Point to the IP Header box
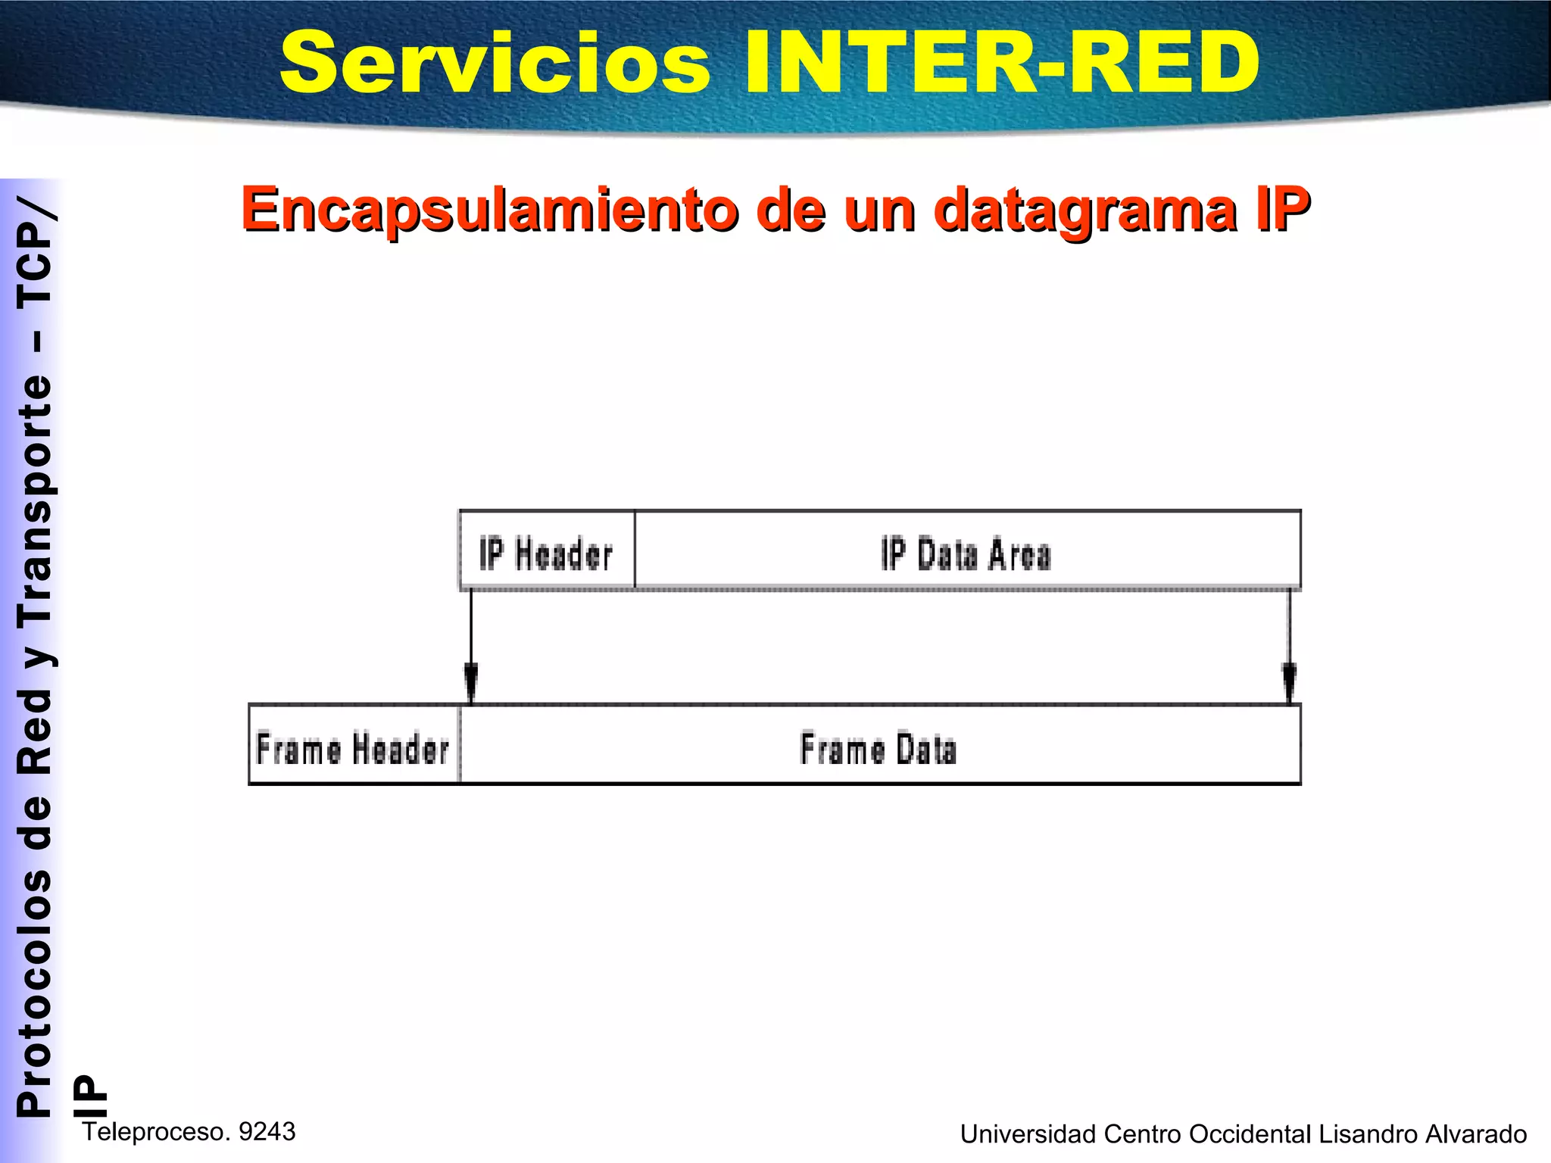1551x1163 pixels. (547, 551)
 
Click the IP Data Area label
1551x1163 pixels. (966, 553)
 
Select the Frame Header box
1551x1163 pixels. (354, 747)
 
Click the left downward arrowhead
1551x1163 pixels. (471, 682)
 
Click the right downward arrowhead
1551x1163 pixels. (1289, 682)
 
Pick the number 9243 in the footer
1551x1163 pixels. (267, 1131)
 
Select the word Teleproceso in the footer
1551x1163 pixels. (156, 1132)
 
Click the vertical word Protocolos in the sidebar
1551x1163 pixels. (35, 993)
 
